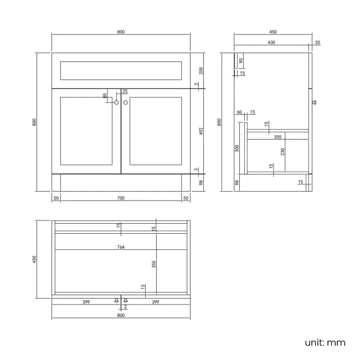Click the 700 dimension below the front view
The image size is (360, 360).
coord(121,198)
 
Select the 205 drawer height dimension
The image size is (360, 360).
coord(202,70)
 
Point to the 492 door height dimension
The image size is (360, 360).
coord(202,131)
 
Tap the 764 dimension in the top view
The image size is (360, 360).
coord(121,247)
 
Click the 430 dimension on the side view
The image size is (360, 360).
coord(271,43)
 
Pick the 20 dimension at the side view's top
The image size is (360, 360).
coord(317,43)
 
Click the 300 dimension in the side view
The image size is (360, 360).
coord(237,148)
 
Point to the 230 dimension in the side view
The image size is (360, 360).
coord(282,151)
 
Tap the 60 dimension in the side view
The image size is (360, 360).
coord(239,112)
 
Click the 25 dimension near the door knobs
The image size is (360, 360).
coord(125,91)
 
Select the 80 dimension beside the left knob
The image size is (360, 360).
coord(105,95)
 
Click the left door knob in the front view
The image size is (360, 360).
coord(116,102)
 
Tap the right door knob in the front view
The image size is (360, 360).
coord(126,102)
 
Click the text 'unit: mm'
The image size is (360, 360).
coord(325,342)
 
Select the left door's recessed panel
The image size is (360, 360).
coord(86,131)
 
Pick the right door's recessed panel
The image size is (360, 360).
coord(156,131)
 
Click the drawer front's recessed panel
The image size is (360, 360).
coord(121,70)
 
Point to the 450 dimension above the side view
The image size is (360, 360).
coord(271,32)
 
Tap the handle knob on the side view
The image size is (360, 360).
coord(315,102)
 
